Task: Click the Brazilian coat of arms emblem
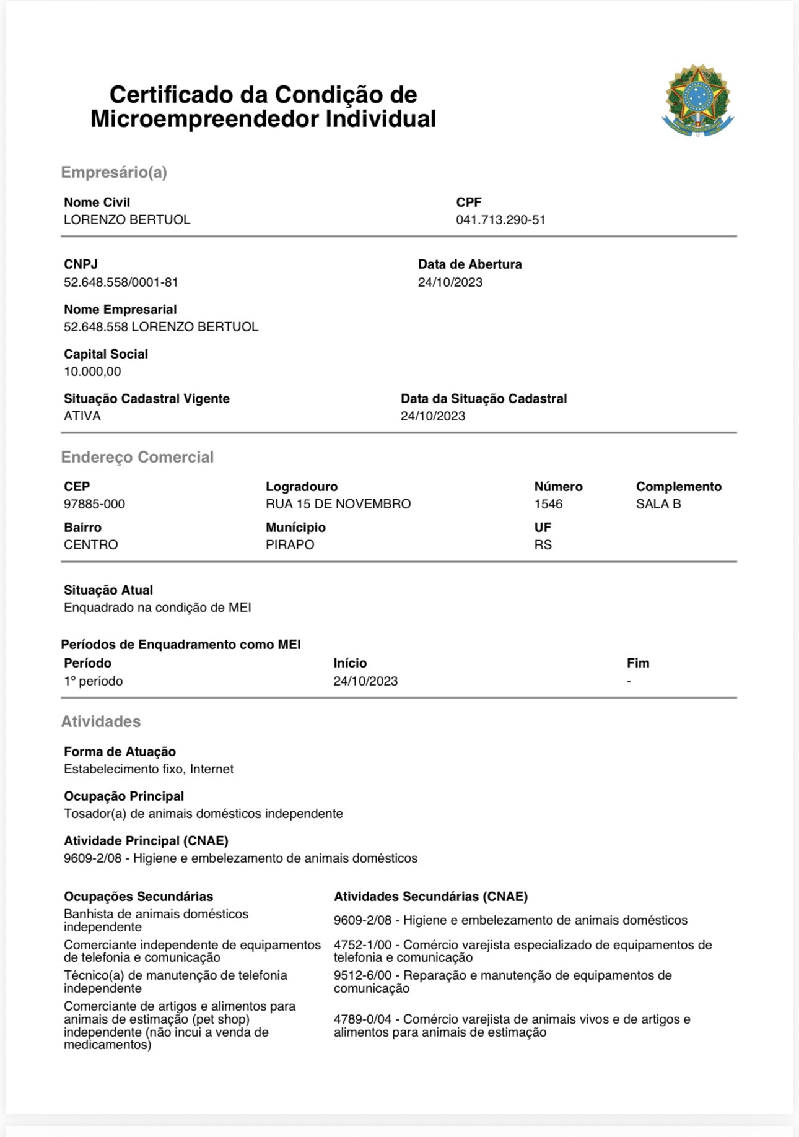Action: [697, 100]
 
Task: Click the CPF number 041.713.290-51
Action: [500, 220]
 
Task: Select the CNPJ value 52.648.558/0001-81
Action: [121, 282]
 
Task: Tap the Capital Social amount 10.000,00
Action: [92, 372]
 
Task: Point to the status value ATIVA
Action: [82, 416]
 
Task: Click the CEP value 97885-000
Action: [94, 504]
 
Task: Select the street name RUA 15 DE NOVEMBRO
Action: [338, 504]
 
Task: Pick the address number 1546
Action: [548, 504]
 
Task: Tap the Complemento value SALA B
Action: [658, 504]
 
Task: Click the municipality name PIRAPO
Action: [290, 545]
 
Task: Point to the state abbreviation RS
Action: [543, 545]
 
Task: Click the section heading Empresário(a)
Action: [114, 172]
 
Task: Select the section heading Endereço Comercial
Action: [137, 457]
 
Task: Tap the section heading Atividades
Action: [100, 721]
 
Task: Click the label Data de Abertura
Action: [469, 264]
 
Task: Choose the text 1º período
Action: [93, 681]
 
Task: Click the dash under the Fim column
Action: [629, 681]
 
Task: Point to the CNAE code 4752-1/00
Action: [362, 945]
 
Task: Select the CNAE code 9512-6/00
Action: [362, 975]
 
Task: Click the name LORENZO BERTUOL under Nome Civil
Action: [127, 220]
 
